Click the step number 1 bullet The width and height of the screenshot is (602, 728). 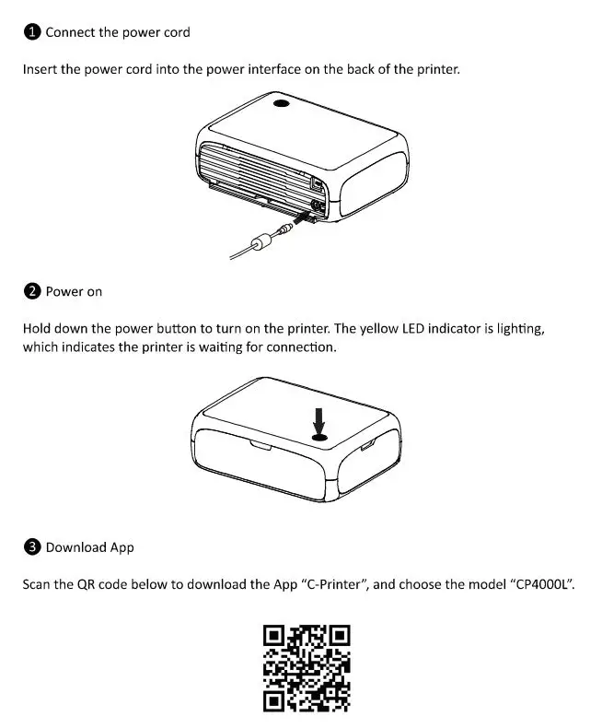[x=31, y=32]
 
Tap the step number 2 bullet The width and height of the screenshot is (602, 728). [x=31, y=291]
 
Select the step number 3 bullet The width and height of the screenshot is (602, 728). [x=31, y=547]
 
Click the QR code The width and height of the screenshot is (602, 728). [x=306, y=668]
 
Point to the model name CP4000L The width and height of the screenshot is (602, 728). [x=541, y=585]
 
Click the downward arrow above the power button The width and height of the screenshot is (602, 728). [x=318, y=420]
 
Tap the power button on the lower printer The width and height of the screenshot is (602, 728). [x=318, y=438]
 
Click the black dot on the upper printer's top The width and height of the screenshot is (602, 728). [x=281, y=106]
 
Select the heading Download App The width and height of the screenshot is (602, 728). [x=89, y=547]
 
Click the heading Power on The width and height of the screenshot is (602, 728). [x=74, y=291]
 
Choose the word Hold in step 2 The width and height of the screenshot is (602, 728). [x=37, y=328]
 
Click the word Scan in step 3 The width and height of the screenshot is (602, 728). [x=38, y=585]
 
